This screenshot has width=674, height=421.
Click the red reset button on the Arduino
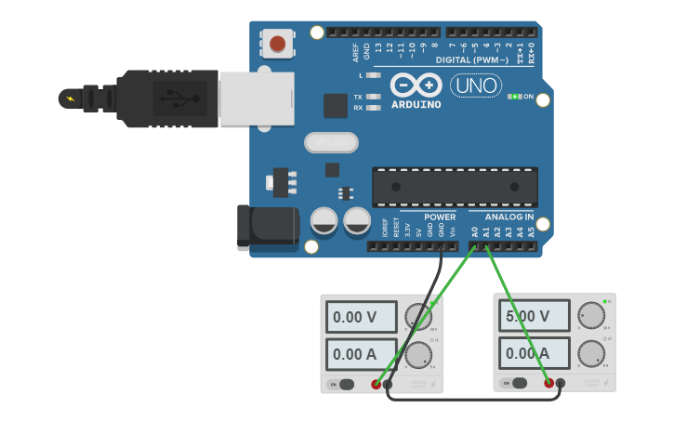coord(277,44)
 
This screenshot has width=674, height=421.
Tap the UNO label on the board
coord(475,86)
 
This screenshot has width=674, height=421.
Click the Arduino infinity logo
coord(416,86)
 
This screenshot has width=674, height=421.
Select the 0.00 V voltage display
coord(361,317)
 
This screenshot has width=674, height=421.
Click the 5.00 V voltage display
coord(534,317)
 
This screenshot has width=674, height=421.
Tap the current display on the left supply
coord(361,353)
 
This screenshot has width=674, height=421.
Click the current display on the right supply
coord(534,353)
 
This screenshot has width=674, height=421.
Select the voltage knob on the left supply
coord(417,317)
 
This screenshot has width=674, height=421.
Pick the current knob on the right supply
coord(590,353)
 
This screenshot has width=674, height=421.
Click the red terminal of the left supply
coord(377,384)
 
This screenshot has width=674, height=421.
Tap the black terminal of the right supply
coord(561,383)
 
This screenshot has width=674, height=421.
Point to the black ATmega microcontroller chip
coord(455,186)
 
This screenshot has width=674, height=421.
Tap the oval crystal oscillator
coord(330,142)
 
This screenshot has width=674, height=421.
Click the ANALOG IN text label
coord(509,217)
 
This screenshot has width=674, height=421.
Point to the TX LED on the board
coord(374,97)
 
